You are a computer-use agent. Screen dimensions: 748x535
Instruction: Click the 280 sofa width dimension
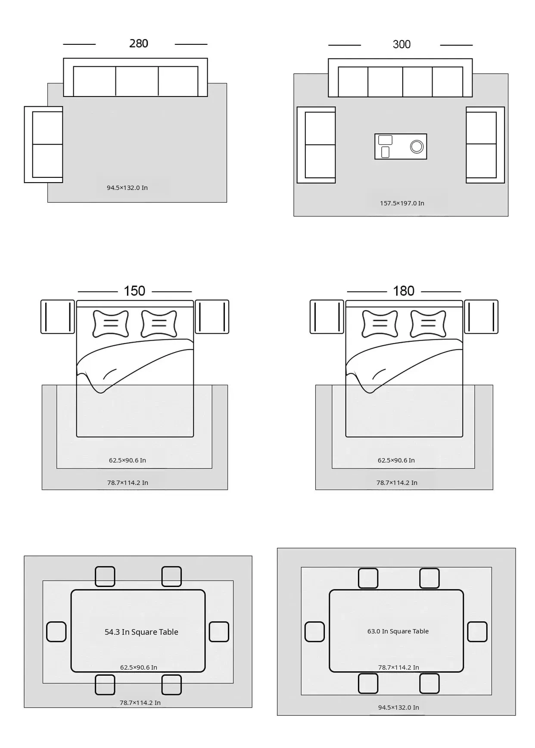[x=139, y=43]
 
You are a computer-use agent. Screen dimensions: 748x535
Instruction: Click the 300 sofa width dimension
[x=401, y=44]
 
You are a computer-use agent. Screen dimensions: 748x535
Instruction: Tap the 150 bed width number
[x=134, y=291]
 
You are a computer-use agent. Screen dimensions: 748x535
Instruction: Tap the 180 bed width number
[x=404, y=291]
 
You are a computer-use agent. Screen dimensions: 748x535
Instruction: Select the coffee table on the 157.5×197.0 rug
[x=401, y=146]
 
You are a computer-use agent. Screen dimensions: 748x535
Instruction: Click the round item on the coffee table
[x=417, y=146]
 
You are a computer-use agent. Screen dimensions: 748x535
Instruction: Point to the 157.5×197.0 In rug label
[x=402, y=203]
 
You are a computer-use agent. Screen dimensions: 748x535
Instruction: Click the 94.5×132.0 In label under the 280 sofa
[x=127, y=188]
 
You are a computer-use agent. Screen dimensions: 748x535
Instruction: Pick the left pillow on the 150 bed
[x=111, y=323]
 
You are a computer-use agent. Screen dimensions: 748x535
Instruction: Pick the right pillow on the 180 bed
[x=428, y=323]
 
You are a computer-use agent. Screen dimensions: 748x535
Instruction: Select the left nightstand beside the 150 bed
[x=58, y=317]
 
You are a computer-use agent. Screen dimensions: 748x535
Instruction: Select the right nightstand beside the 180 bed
[x=481, y=317]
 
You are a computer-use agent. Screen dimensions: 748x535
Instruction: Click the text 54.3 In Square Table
[x=141, y=632]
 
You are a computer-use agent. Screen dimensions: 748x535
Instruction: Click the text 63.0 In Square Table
[x=398, y=631]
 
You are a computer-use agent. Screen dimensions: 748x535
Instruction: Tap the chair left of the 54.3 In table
[x=56, y=632]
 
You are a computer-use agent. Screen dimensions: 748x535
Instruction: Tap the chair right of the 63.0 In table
[x=477, y=632]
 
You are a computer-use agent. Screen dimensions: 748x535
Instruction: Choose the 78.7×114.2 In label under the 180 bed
[x=397, y=483]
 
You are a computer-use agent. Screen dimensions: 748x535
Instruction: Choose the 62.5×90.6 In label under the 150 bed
[x=128, y=460]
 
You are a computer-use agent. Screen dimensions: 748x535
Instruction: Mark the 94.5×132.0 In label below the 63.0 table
[x=398, y=708]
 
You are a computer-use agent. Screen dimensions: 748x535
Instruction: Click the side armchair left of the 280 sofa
[x=44, y=145]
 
